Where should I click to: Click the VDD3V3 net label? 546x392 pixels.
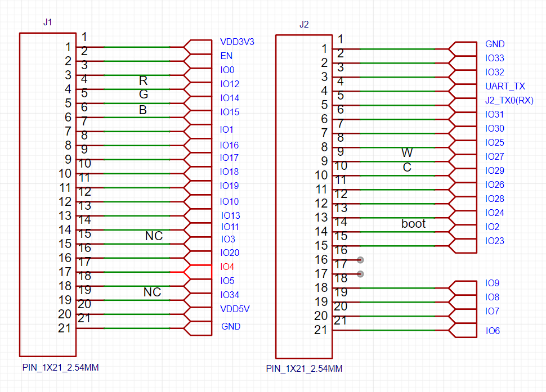pos(237,42)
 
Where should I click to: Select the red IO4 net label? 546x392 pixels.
pos(227,267)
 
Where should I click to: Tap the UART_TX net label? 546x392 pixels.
pos(505,86)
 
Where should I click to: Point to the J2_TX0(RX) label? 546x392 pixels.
pos(509,101)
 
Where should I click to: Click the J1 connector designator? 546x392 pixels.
pos(48,22)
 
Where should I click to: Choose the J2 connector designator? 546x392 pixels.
pos(304,24)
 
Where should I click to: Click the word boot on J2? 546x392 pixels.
pos(413,223)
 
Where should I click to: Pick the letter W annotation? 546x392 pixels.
pos(407,152)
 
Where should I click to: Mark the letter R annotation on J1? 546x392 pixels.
pos(143,80)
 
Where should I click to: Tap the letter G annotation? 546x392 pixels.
pos(144,94)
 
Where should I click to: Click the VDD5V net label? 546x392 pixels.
pos(235,309)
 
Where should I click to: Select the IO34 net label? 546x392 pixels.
pos(230,295)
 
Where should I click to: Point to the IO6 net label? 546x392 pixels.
pos(493,331)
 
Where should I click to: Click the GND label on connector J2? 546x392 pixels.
pos(495,44)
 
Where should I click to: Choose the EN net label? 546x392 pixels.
pos(226,56)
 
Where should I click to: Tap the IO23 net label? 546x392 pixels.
pos(494,241)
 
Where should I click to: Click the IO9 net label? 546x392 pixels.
pos(492,283)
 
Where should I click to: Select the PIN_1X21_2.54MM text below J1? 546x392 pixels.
pos(61,368)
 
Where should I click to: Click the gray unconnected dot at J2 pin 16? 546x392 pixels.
pos(360,260)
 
